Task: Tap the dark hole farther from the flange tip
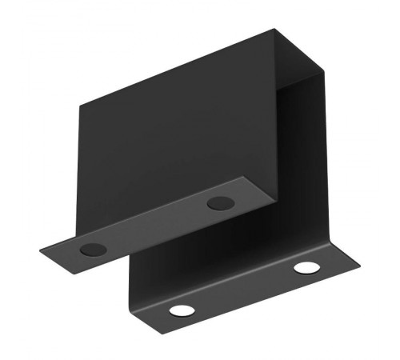point(218,203)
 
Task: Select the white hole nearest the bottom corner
point(181,310)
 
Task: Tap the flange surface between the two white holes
point(244,289)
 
